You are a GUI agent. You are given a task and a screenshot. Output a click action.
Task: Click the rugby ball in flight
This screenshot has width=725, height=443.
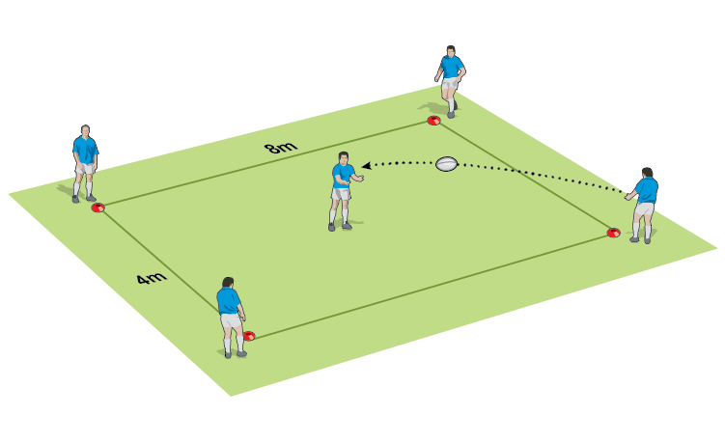click(x=446, y=164)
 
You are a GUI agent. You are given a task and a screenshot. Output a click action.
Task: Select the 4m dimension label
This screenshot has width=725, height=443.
click(x=151, y=281)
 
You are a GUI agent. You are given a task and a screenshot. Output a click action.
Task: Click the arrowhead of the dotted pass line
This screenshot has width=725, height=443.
click(x=367, y=166)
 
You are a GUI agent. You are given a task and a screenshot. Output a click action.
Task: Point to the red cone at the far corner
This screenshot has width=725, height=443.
click(x=434, y=121)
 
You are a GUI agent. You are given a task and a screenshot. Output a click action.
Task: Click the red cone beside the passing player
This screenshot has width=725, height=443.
click(x=613, y=233)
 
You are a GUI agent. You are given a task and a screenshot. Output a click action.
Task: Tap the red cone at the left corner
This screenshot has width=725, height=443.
click(x=98, y=207)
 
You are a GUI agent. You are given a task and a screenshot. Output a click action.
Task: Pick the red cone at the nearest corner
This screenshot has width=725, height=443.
click(x=249, y=336)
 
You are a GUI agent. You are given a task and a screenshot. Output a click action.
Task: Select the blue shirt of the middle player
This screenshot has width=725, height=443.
click(x=341, y=177)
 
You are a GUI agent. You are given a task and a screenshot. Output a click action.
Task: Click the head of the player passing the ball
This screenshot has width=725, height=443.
click(x=646, y=174)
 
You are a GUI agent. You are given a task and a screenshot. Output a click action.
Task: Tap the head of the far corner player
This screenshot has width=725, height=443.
click(x=450, y=50)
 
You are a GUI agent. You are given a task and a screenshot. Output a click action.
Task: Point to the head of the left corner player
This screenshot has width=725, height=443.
click(x=86, y=130)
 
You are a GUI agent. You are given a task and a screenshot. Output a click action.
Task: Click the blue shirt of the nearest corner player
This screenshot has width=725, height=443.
click(x=230, y=302)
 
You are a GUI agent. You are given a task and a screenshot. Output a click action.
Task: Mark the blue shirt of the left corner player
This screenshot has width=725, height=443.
click(x=85, y=150)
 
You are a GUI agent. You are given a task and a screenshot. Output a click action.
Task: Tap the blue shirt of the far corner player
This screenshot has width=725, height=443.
click(x=450, y=68)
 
